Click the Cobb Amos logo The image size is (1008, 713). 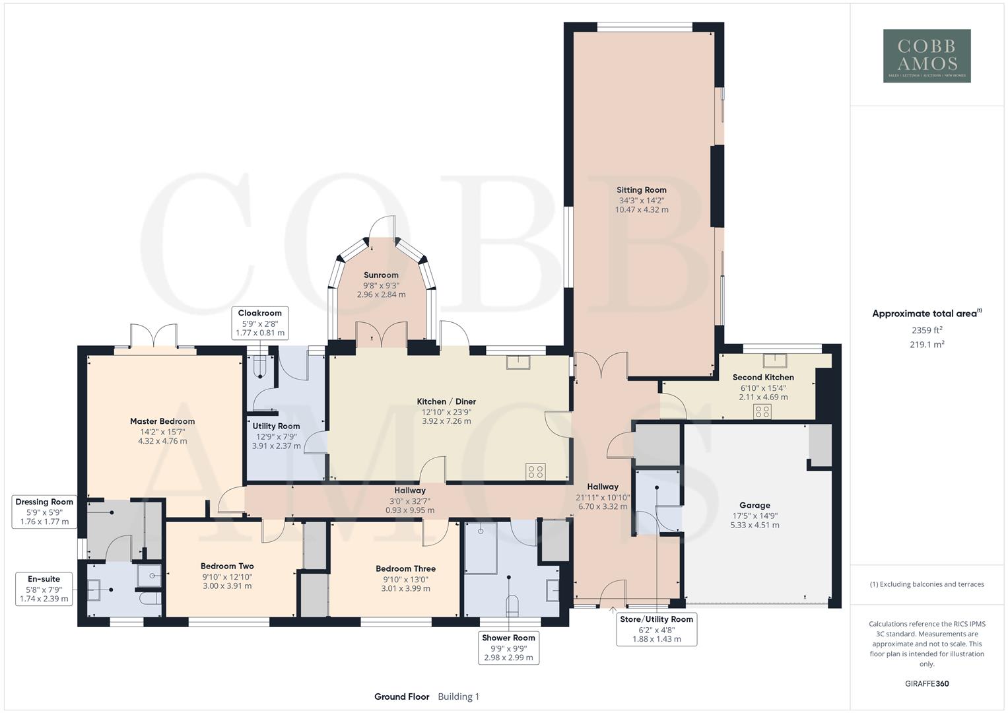coord(927,56)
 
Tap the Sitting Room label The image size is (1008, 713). coord(641,190)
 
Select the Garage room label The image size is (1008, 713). coord(755,506)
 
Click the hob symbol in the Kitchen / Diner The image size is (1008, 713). coord(535,471)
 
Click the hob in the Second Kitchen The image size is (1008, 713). coord(762,412)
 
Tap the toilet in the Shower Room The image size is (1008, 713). coord(512,605)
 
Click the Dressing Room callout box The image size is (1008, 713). coord(44,512)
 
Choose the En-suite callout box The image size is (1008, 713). coord(44,589)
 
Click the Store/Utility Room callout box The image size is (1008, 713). coord(656,629)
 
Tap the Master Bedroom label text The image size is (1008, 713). coord(162,421)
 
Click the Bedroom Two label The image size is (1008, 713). coord(227,566)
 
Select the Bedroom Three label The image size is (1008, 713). coord(405,568)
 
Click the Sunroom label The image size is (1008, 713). coord(381,275)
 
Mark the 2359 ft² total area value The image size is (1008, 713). coord(927,330)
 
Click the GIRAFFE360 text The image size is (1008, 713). coord(927,683)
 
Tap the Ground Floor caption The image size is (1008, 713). coord(401,696)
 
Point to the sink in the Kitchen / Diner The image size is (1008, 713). coord(519,362)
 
